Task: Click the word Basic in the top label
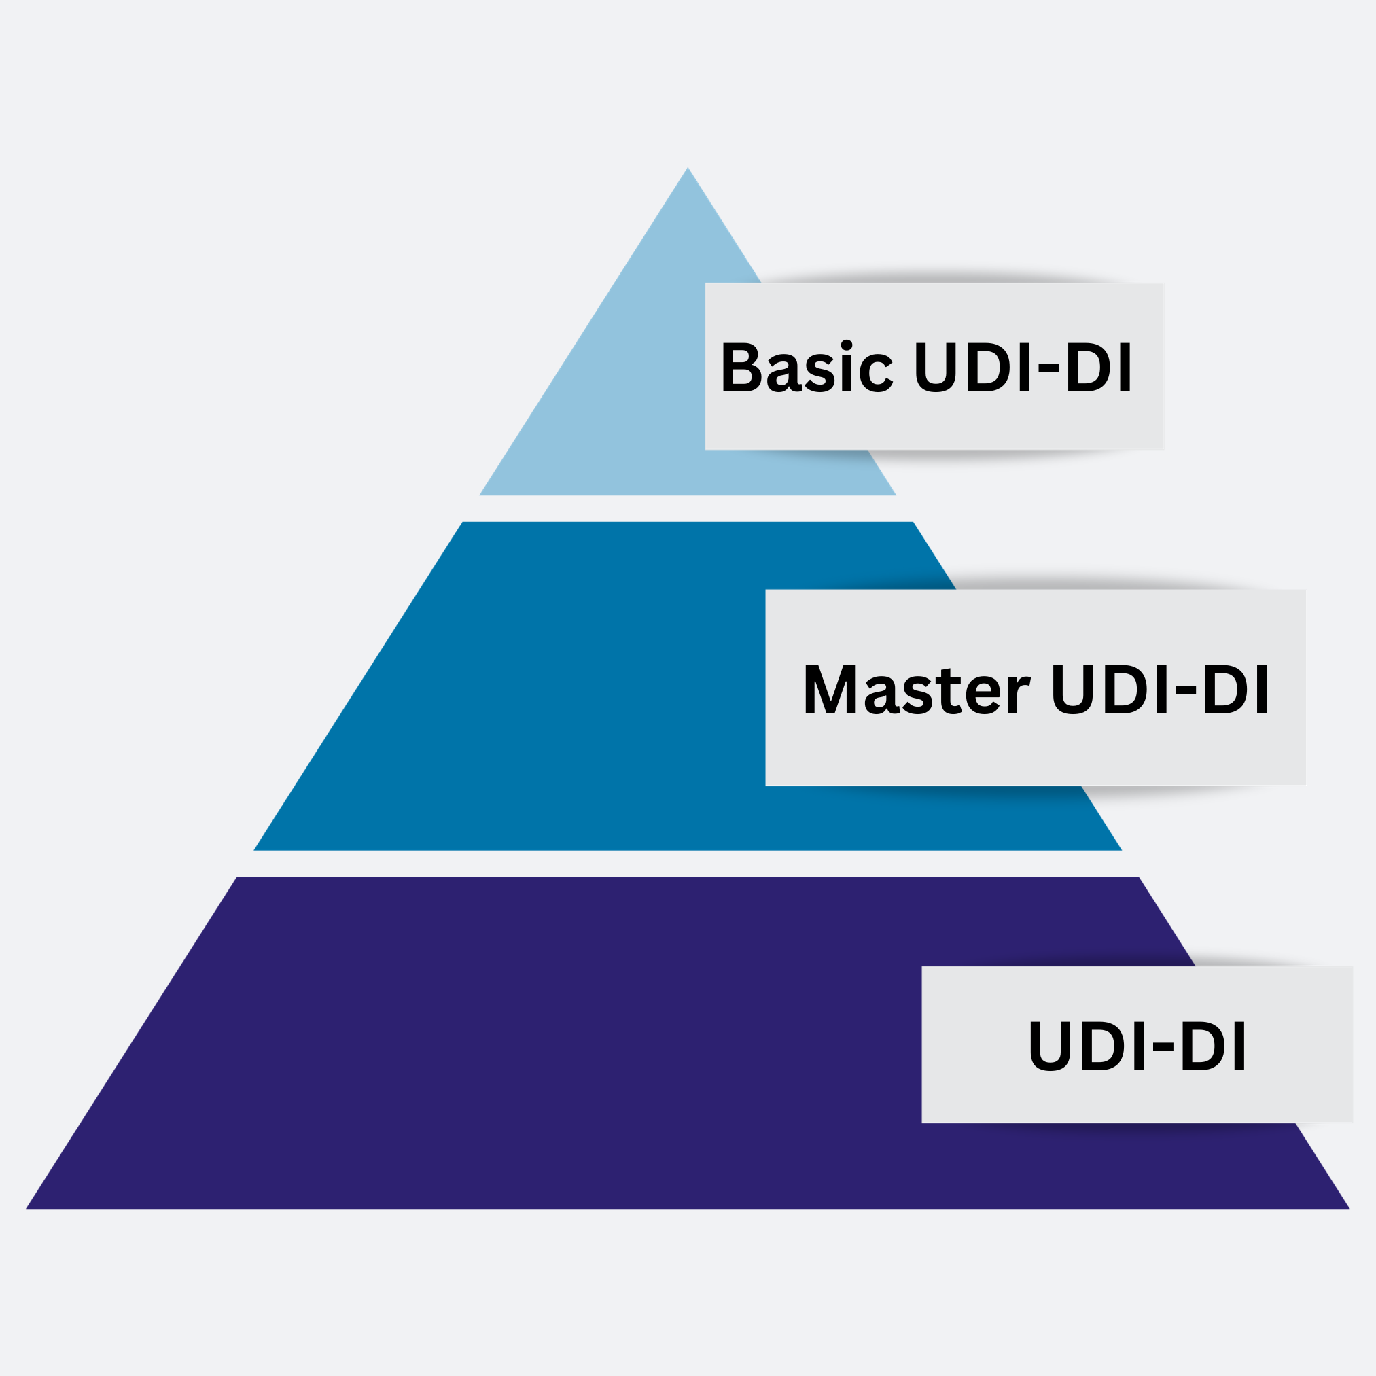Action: [x=807, y=367]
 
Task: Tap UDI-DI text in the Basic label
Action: [x=1023, y=367]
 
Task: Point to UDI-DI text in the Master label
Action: [x=1160, y=689]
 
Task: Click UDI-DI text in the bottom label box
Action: [x=1137, y=1046]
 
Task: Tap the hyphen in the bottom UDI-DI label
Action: [x=1163, y=1047]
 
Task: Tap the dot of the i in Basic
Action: [x=846, y=345]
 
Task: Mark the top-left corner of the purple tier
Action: [x=239, y=878]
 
